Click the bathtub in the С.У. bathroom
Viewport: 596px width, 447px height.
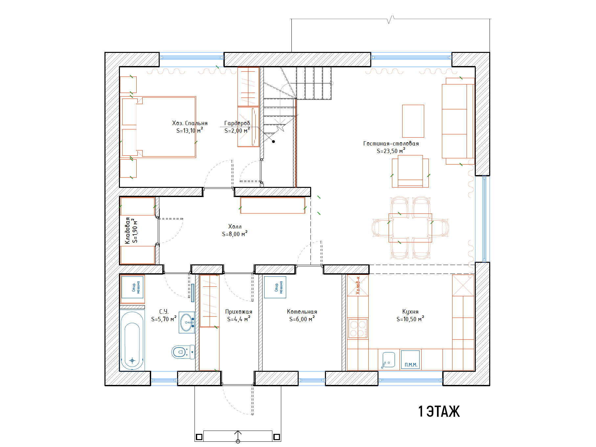point(132,340)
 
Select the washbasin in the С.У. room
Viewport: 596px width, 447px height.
point(187,323)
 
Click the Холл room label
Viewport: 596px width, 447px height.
point(235,227)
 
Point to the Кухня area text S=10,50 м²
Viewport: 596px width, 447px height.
point(410,319)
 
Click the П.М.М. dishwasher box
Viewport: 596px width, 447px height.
point(410,360)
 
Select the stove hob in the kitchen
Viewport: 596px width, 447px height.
point(358,329)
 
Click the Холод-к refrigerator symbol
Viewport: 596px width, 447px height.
point(358,285)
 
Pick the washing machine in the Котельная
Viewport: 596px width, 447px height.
point(275,287)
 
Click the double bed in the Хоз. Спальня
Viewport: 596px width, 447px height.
point(158,127)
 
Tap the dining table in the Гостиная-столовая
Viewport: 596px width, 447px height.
point(410,228)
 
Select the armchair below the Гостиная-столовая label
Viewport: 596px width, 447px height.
point(410,171)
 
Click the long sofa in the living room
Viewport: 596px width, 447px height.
point(458,121)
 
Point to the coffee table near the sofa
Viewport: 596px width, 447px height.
point(413,121)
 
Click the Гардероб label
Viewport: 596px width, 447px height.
point(237,123)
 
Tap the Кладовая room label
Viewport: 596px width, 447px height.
point(127,230)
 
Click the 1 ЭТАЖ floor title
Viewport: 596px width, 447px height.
point(439,412)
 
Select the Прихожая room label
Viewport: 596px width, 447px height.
point(239,312)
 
